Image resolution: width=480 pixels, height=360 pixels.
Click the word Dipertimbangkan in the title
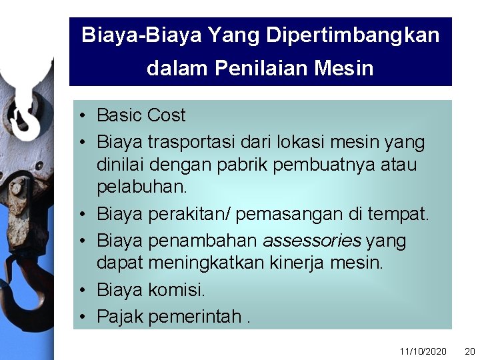353,35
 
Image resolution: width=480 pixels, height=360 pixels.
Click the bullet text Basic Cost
141,115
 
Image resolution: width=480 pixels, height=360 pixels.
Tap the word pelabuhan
141,187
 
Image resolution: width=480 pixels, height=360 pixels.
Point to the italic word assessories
311,241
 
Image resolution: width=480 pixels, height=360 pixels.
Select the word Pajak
120,317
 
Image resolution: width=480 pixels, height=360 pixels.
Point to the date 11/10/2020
423,351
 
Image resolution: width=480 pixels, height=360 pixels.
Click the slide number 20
469,351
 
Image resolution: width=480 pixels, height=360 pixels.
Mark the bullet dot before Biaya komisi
80,290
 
